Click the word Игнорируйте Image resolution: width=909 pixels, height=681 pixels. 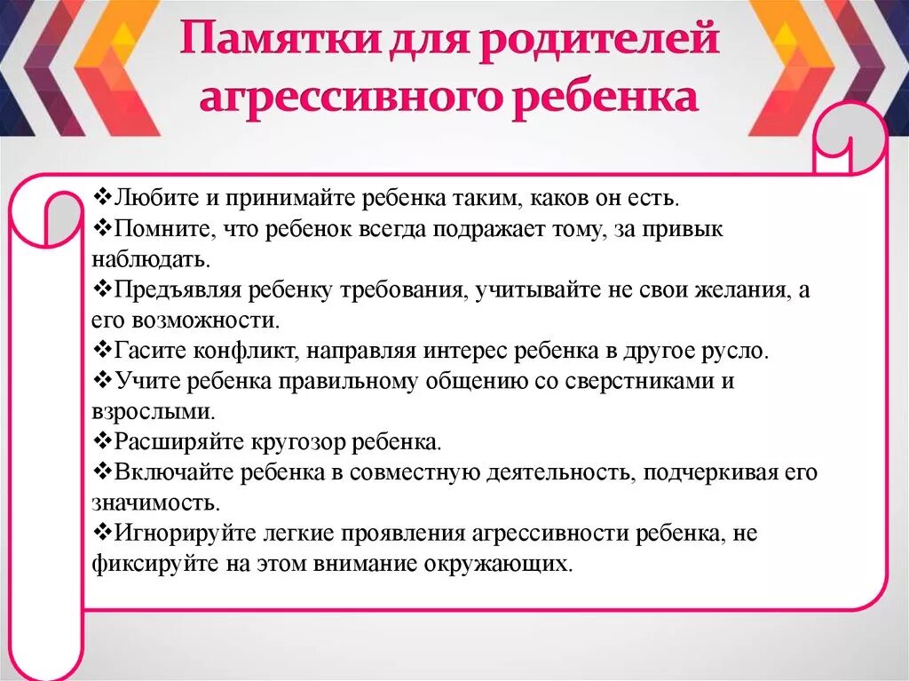[172, 533]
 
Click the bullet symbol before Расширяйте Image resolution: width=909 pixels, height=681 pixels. [100, 440]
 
